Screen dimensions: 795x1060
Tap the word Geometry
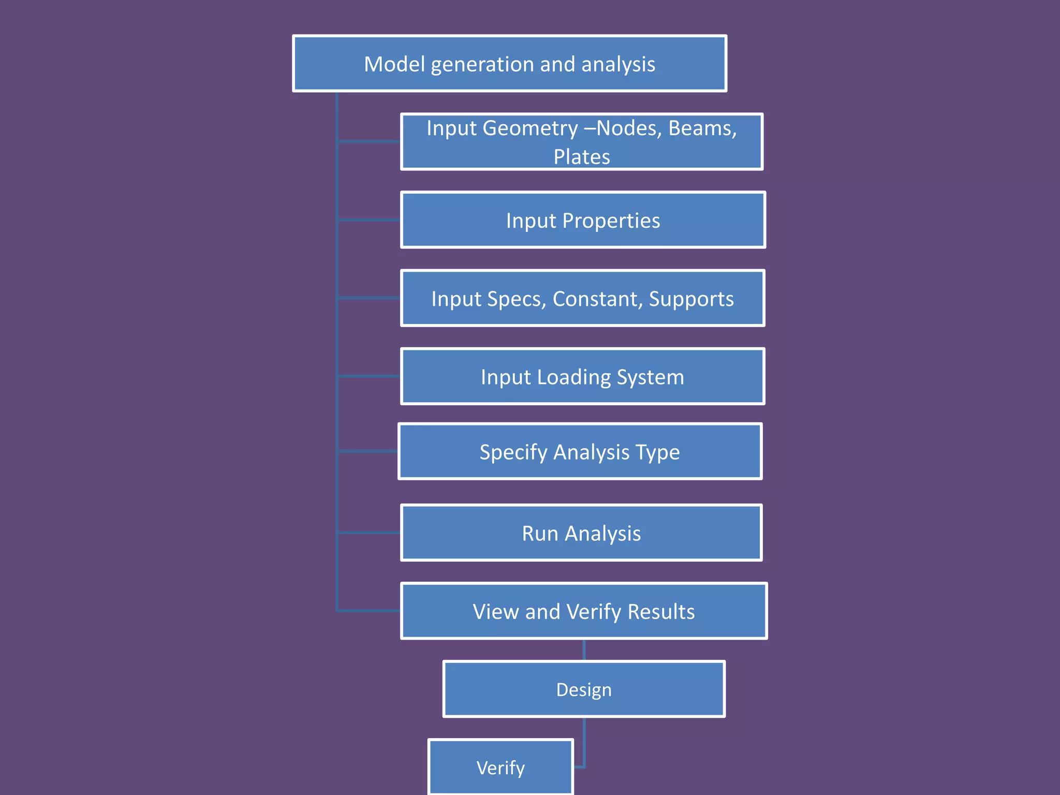click(530, 128)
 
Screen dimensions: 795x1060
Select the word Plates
click(582, 157)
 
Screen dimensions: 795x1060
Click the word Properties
click(611, 221)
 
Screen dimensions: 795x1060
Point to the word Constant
click(596, 299)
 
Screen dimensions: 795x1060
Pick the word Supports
click(691, 299)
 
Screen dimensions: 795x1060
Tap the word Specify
click(513, 452)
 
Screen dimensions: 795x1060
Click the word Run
click(540, 534)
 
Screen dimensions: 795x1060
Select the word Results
click(661, 612)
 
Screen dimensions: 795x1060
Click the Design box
click(584, 689)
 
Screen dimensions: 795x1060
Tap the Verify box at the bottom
click(500, 768)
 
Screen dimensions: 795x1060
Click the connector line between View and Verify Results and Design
click(584, 650)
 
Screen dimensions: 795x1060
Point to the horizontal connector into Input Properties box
click(369, 220)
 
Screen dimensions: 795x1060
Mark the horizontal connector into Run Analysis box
click(369, 533)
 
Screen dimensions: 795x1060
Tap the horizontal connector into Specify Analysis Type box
click(367, 451)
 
